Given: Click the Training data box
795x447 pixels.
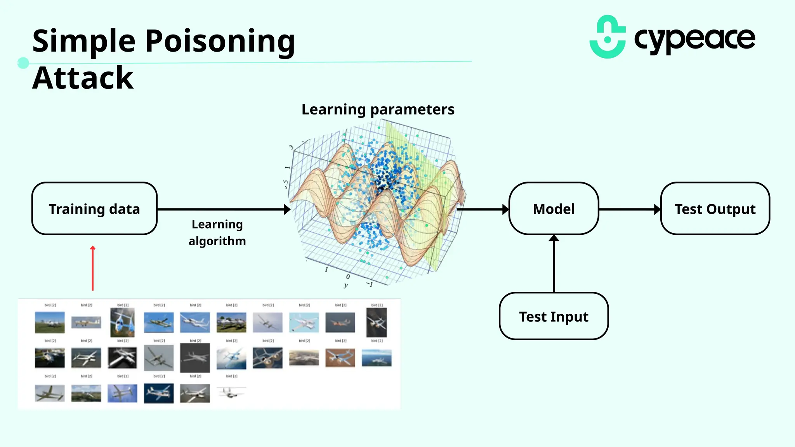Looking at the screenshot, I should click(x=94, y=209).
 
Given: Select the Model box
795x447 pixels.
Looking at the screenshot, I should click(x=554, y=209).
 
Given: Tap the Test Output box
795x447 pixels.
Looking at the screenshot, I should click(x=715, y=209).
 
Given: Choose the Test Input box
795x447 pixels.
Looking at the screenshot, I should click(x=554, y=317).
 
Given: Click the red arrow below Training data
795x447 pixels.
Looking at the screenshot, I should click(x=93, y=269).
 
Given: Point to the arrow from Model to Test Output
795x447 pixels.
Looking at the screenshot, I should click(x=629, y=210).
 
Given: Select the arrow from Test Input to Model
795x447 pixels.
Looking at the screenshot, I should click(x=554, y=264).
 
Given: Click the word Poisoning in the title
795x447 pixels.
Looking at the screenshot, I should click(x=220, y=41).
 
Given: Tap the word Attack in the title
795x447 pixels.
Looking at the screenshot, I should click(x=83, y=78).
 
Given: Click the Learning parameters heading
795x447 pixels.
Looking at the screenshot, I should click(x=378, y=109).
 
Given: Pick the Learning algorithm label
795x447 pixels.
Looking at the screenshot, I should click(x=217, y=232).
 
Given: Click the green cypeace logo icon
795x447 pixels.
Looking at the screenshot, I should click(x=608, y=37).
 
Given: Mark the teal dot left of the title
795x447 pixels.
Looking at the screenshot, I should click(x=23, y=63).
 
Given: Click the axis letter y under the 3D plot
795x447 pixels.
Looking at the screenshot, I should click(x=346, y=285).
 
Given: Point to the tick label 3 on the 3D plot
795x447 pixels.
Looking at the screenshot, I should click(x=291, y=147).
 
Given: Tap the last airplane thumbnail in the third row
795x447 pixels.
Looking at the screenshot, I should click(x=231, y=393).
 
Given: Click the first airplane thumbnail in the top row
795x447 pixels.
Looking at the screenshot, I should click(x=50, y=322).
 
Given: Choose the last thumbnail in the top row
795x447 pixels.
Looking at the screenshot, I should click(x=377, y=322).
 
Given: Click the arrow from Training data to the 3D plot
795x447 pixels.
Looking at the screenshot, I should click(x=223, y=210).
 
